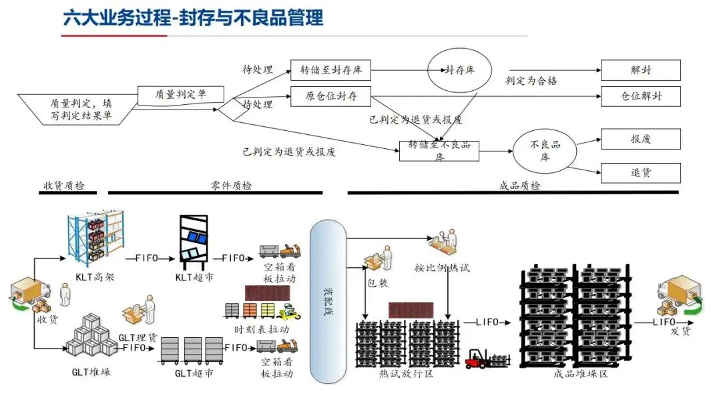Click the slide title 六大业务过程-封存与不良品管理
point(193,18)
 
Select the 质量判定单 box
point(180,95)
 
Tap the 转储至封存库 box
point(330,69)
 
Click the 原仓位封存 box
point(330,96)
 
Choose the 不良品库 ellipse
point(545,150)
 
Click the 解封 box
point(640,69)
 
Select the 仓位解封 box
point(640,96)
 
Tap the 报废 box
point(640,139)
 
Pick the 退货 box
point(640,173)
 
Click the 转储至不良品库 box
point(439,150)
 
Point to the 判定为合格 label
point(531,81)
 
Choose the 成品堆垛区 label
point(581,375)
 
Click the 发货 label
point(680,331)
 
